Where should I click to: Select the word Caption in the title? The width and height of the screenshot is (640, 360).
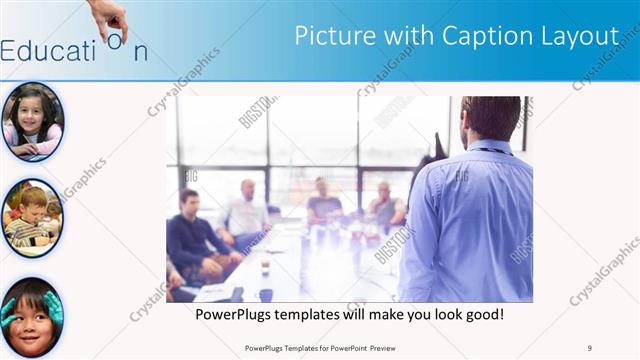coord(483,37)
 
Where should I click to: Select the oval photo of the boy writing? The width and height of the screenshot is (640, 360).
coord(32,218)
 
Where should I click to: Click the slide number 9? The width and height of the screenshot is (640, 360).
coord(590,348)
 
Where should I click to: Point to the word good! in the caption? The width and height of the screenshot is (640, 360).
coord(482,315)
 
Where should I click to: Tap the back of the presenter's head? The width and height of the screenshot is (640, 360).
coord(490,118)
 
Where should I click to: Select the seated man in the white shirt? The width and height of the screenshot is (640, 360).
coord(246,212)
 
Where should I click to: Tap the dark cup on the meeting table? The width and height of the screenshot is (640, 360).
coord(265,294)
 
